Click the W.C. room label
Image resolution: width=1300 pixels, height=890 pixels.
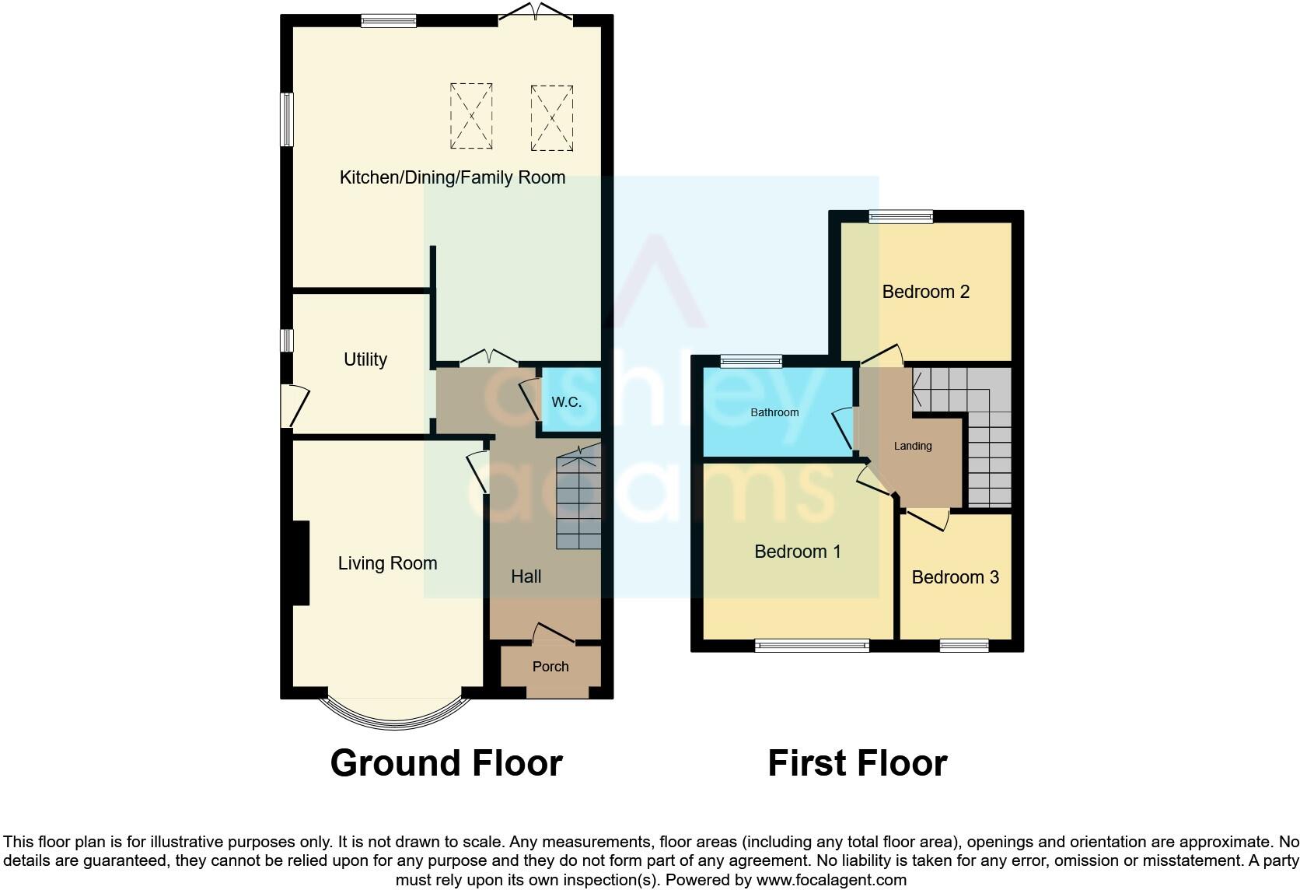566,402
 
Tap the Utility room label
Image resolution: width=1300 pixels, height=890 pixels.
365,359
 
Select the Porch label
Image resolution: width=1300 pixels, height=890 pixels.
550,667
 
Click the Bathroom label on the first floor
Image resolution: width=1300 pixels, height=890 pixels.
774,412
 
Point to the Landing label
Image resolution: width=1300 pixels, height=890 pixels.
912,446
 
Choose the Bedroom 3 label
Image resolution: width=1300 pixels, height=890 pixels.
955,577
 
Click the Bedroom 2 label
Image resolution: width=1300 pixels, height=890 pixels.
925,292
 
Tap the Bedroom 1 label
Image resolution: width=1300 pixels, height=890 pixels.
798,552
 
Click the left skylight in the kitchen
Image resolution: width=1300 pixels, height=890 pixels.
471,116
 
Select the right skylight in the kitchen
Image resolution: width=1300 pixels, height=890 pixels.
551,117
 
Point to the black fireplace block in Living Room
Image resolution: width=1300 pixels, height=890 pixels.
300,562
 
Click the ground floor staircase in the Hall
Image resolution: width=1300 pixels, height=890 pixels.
579,502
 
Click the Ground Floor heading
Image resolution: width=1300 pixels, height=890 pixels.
446,763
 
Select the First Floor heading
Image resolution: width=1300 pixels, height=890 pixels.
857,763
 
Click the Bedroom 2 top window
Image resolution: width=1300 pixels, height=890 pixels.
900,217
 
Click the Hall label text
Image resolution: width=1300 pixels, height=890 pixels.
526,576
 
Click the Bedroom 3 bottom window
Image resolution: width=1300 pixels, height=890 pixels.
963,645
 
